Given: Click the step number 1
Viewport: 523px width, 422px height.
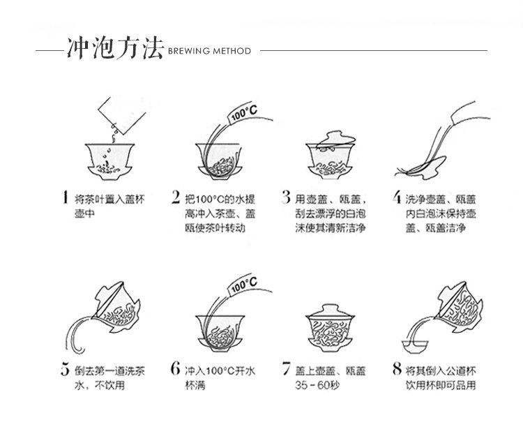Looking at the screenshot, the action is [x=66, y=197].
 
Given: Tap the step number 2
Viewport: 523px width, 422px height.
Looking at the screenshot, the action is [x=176, y=197].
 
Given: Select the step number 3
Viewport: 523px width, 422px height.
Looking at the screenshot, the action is [x=286, y=197].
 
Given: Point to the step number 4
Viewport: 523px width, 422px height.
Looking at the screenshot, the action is [x=397, y=197].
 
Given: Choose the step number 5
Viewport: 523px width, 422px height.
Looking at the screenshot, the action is [x=66, y=369].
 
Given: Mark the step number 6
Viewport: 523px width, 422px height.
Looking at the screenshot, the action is [x=176, y=368].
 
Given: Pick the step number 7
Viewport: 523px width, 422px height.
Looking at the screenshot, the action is [x=286, y=368].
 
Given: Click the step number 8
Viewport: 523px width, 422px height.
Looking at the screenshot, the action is [x=397, y=368].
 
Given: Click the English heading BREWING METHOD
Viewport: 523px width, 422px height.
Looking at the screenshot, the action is [x=209, y=51].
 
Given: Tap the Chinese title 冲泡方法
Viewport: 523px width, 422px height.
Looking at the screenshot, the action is [x=115, y=49].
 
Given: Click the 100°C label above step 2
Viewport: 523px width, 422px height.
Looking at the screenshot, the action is [x=243, y=113].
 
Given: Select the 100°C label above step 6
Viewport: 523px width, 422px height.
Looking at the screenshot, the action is [x=243, y=285].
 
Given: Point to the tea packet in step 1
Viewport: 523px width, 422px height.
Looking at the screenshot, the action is [x=122, y=115].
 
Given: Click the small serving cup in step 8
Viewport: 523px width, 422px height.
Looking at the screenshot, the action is [x=415, y=346].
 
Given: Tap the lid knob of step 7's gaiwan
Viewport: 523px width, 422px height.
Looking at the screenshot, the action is [x=331, y=307].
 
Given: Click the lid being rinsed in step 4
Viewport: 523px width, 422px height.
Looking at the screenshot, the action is [x=425, y=167].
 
